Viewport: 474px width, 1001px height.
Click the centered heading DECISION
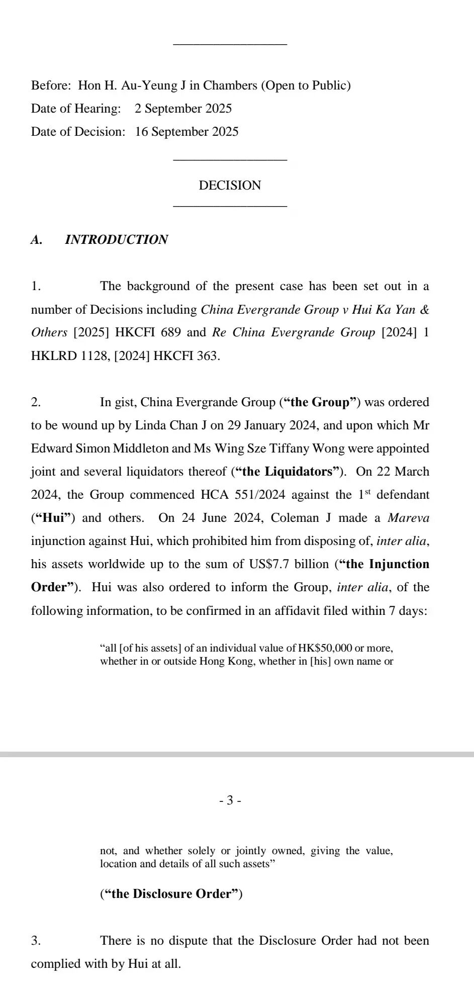pos(230,186)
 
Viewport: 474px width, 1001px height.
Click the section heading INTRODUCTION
pos(116,240)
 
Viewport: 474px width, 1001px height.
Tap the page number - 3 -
pos(230,800)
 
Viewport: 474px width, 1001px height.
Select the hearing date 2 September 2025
pos(183,109)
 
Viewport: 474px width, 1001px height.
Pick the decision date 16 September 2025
pos(186,132)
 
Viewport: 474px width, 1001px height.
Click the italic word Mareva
pos(408,518)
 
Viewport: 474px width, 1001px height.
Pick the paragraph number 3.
pos(36,941)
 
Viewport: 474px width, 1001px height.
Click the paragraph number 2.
pos(36,402)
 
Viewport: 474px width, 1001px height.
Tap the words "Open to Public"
pos(306,85)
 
